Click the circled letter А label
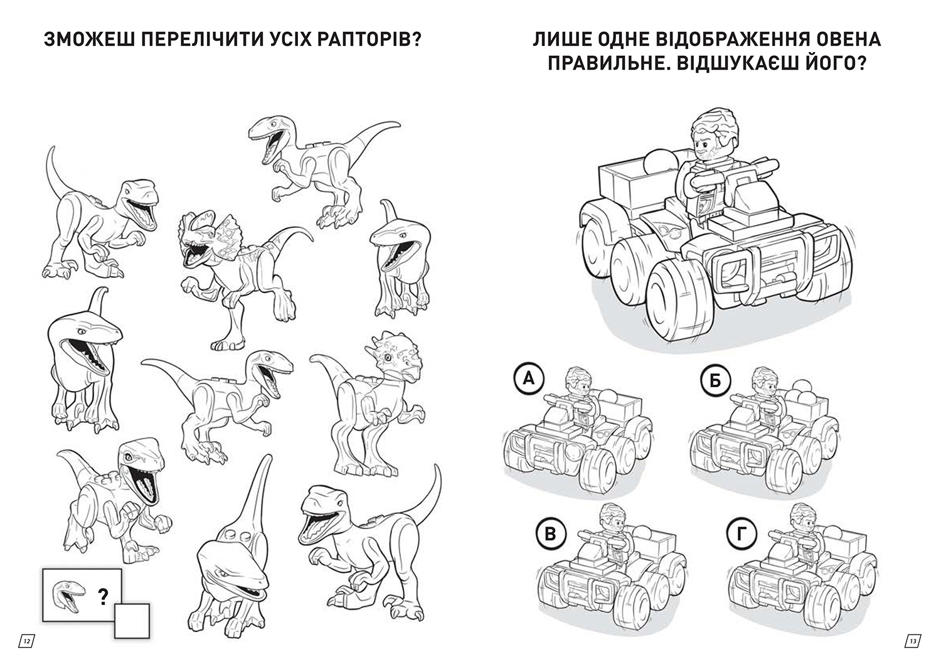(x=528, y=379)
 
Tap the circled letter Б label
(x=715, y=381)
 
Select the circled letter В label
(x=551, y=535)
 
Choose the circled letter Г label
(x=741, y=535)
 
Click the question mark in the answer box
(x=103, y=596)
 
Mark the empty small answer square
(x=132, y=621)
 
